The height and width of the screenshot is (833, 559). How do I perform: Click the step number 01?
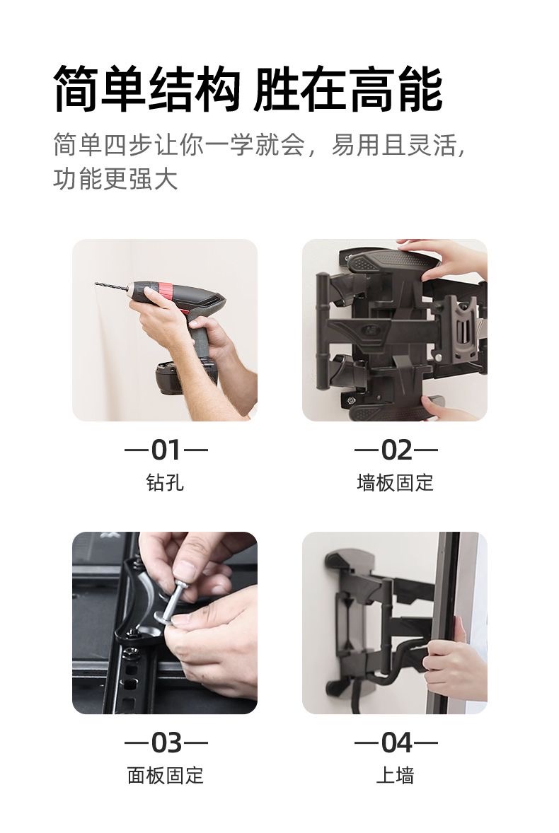point(166,450)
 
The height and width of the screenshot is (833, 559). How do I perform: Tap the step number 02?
point(396,450)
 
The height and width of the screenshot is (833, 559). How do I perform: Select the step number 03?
point(166,742)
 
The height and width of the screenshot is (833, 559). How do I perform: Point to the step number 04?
point(396,742)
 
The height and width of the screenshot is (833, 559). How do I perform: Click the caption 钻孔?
point(166,482)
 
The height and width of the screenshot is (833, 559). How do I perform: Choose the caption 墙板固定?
point(396,482)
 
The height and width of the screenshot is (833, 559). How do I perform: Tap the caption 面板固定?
point(166,775)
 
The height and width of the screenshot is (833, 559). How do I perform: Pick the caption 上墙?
point(395,775)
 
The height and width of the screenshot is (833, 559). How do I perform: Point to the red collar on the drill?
point(164,291)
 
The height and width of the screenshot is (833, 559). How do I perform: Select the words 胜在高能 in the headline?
point(348,88)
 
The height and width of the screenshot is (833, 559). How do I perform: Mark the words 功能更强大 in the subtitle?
point(115,178)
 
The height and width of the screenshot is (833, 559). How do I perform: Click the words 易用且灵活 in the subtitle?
point(393,144)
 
